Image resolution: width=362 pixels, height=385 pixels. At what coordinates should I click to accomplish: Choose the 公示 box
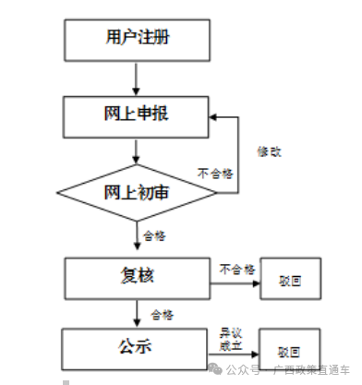point(136,347)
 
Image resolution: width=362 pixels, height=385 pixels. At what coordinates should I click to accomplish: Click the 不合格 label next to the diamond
point(215,173)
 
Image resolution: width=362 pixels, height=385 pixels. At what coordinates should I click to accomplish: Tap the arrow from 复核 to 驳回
point(233,280)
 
